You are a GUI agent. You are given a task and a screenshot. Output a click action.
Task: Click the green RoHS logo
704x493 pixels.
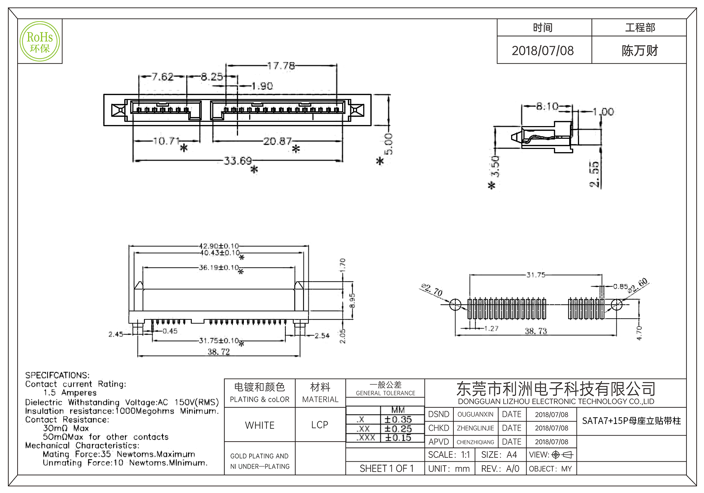coord(40,42)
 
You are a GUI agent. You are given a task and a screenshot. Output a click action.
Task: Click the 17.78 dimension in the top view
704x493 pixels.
coord(281,66)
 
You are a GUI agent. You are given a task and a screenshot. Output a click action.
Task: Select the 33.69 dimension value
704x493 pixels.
coord(238,161)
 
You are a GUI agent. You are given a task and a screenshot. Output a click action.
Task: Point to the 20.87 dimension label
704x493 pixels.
coord(277,141)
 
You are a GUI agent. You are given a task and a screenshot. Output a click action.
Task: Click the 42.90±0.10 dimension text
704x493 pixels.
coord(219,246)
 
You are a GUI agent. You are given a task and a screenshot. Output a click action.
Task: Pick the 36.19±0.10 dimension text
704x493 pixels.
coord(219,268)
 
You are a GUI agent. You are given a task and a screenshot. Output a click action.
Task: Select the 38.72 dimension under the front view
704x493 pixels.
coord(219,352)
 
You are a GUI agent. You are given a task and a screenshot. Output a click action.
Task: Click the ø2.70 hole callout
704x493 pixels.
coord(432,290)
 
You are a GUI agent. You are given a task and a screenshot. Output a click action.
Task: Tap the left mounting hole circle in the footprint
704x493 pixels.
coord(455,305)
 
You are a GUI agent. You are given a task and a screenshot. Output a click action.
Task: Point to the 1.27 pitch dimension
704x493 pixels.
coord(491,329)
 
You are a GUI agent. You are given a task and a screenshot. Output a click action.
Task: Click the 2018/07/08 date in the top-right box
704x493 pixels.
coord(542,51)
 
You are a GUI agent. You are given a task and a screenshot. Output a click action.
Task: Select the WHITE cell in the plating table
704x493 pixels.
coord(260,425)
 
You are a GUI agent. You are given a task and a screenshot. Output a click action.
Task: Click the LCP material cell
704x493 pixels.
coord(320,425)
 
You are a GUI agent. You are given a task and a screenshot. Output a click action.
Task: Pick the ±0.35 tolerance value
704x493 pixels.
coord(398,420)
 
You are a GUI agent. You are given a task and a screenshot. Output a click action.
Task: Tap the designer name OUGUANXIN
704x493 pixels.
coord(475,414)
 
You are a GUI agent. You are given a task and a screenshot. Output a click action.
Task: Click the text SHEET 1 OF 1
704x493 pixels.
coord(386,469)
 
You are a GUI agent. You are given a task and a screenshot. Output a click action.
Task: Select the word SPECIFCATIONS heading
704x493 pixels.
coord(57,375)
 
